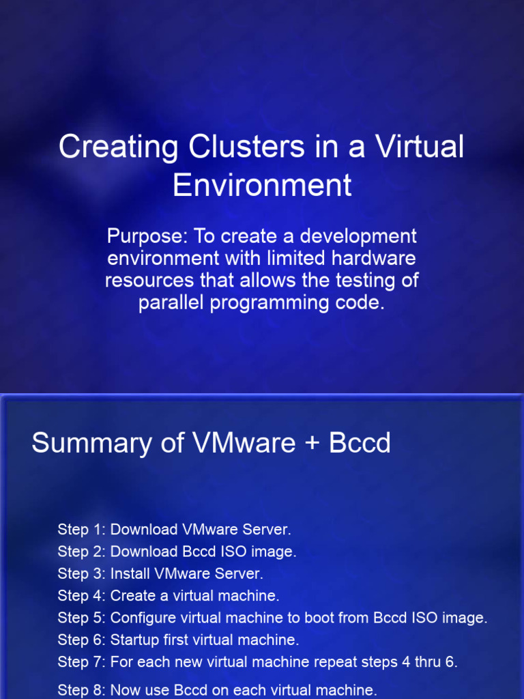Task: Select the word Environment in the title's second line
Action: (262, 185)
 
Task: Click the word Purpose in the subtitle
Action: (147, 237)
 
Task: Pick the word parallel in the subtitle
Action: (171, 302)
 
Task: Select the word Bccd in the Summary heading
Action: (360, 443)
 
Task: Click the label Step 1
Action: (82, 530)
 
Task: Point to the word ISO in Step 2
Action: (223, 552)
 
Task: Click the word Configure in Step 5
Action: (141, 618)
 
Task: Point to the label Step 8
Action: (82, 689)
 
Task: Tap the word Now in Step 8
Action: (126, 689)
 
